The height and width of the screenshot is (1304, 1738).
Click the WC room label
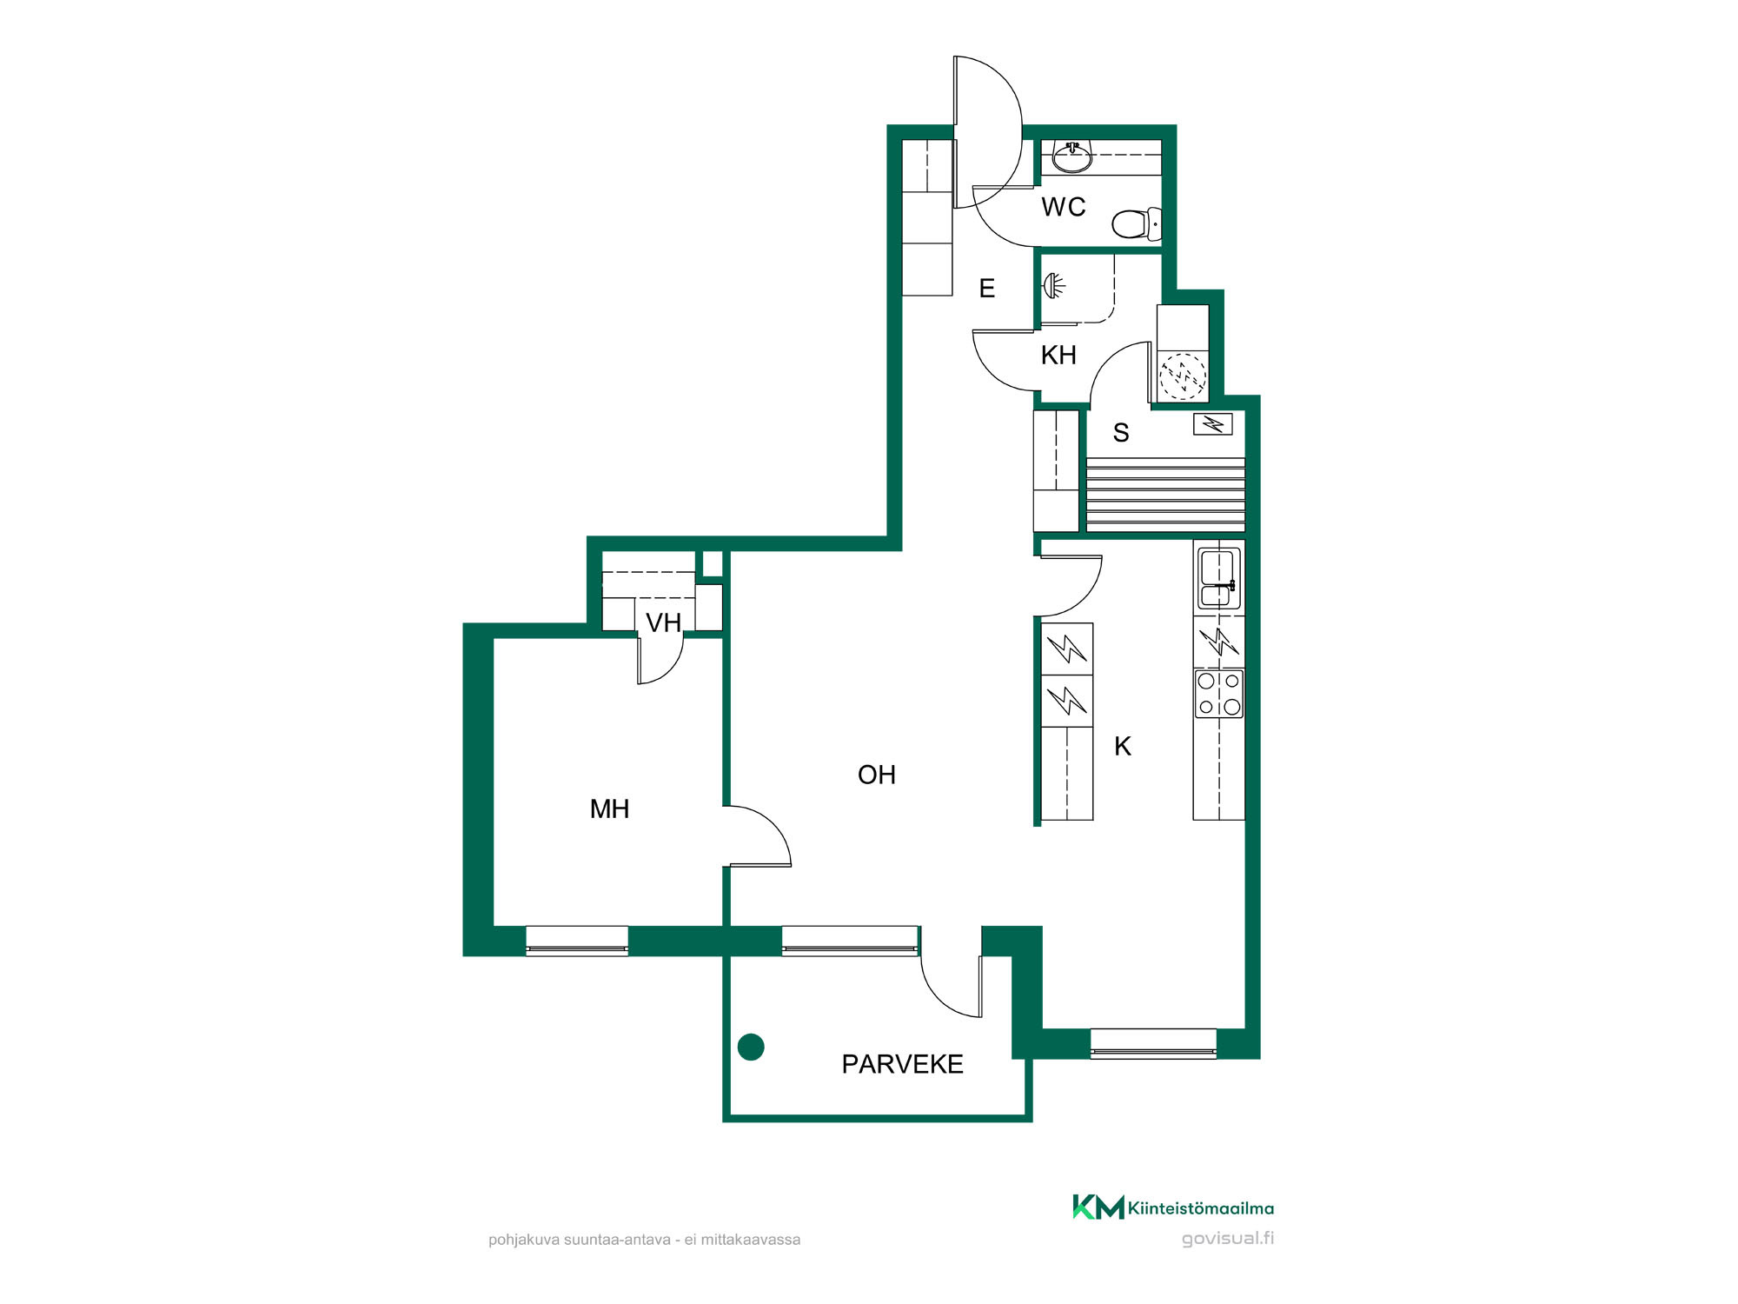click(1064, 207)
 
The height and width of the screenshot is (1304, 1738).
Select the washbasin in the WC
click(1072, 157)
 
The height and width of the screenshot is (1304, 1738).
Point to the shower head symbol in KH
click(1053, 285)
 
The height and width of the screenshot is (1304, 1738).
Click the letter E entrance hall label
click(986, 289)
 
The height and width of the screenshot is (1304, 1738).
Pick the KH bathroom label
click(1058, 355)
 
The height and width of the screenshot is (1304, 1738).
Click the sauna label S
click(1121, 432)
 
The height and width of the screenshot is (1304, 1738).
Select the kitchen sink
click(1218, 578)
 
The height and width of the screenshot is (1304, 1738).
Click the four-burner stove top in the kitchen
click(1219, 694)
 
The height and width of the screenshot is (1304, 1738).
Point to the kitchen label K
click(1123, 746)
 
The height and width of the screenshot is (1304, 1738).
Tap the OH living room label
click(876, 775)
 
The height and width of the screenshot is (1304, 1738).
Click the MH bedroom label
click(609, 808)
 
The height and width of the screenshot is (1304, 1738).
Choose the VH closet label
click(663, 622)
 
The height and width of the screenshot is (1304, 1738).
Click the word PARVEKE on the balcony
click(902, 1064)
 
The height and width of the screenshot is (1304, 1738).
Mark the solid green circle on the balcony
click(751, 1047)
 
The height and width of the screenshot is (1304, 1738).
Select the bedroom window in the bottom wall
click(577, 941)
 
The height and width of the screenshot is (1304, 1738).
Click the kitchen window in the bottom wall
click(1153, 1043)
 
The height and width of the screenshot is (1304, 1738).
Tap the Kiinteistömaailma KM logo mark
click(1098, 1207)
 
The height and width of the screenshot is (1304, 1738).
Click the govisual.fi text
click(1227, 1238)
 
